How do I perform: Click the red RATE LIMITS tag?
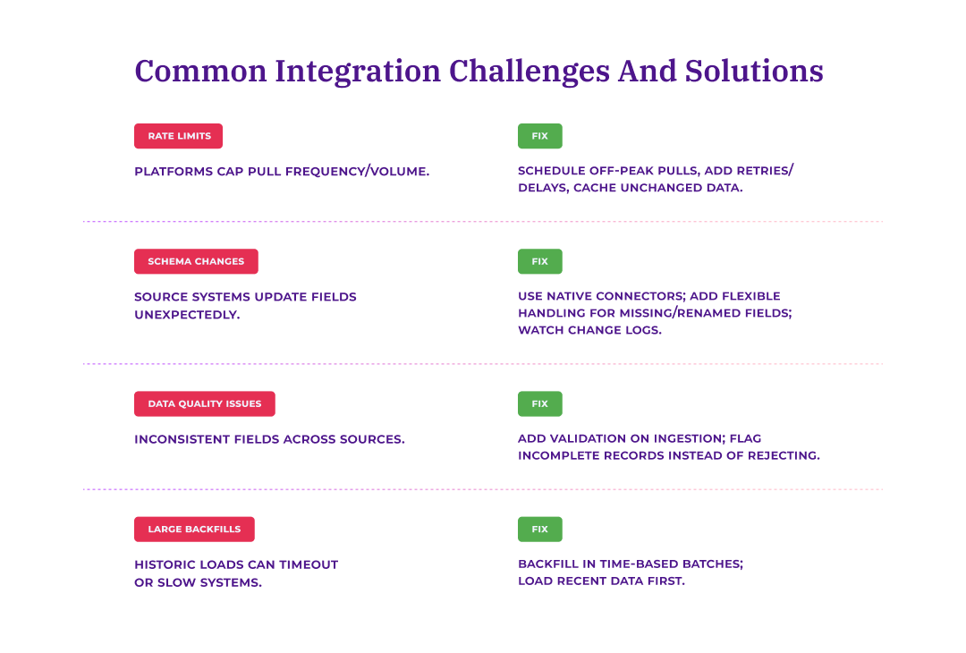click(x=178, y=136)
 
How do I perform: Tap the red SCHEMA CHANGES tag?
click(x=196, y=261)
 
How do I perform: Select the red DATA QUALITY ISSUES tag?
click(x=204, y=403)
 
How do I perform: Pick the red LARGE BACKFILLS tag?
click(x=194, y=529)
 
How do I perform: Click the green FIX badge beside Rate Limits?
click(x=539, y=136)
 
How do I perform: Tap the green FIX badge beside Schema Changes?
click(x=539, y=261)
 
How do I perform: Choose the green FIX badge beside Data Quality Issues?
click(x=539, y=403)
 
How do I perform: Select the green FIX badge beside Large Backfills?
click(x=539, y=529)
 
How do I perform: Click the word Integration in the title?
click(x=358, y=71)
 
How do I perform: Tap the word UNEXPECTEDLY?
click(x=187, y=314)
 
